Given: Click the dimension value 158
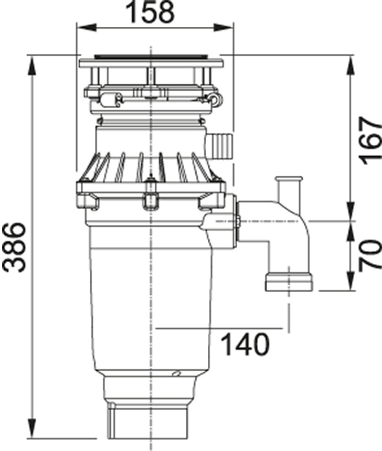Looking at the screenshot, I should coord(151,12).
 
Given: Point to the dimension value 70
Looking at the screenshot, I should coord(369,254).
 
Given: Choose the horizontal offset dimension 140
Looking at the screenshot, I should coord(245,345).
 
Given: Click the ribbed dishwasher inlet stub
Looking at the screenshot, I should coord(219,145).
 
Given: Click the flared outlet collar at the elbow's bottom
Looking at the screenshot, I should coord(289,281).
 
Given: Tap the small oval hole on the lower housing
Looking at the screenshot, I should coord(177,374).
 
